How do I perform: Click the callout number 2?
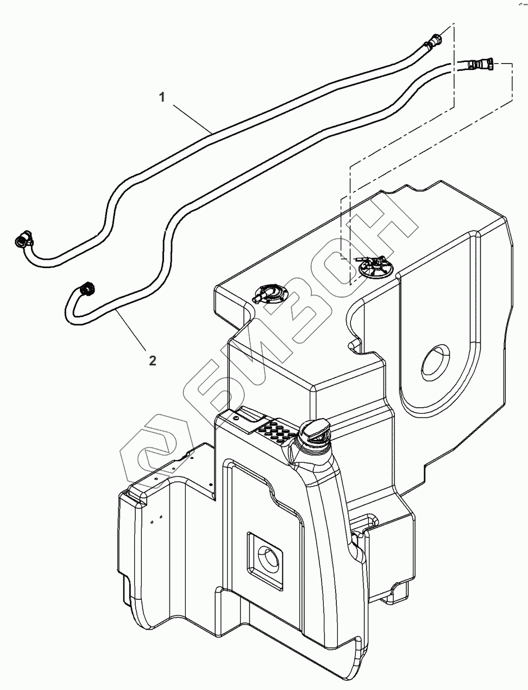(x=153, y=359)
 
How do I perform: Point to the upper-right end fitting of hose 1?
(x=435, y=41)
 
